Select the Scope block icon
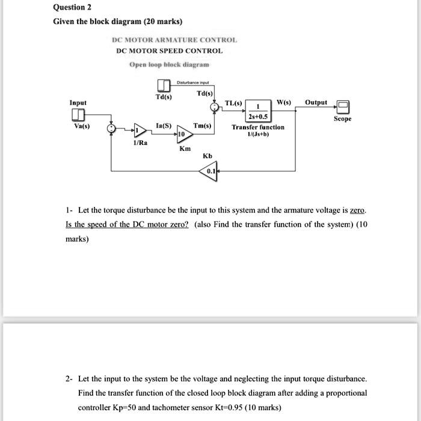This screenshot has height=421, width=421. (x=343, y=107)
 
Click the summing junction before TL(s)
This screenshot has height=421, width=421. (x=215, y=107)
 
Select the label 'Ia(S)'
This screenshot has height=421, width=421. (x=163, y=125)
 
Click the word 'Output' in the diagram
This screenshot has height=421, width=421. (x=316, y=102)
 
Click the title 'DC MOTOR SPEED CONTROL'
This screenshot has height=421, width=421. (x=169, y=51)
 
